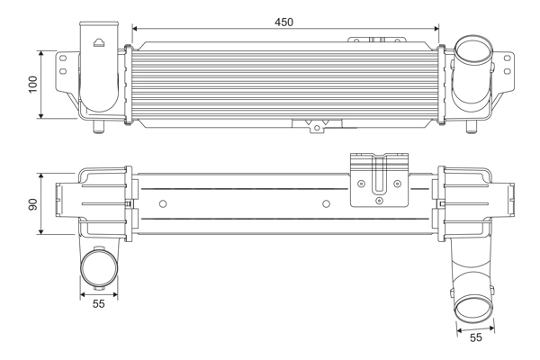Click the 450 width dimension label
[283, 22]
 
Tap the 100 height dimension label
[33, 85]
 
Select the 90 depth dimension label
[33, 204]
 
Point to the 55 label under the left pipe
[99, 304]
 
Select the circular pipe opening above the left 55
[99, 268]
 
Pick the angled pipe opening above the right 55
[473, 308]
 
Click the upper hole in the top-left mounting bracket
[63, 60]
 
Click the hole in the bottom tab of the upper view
[316, 129]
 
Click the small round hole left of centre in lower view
[163, 203]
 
